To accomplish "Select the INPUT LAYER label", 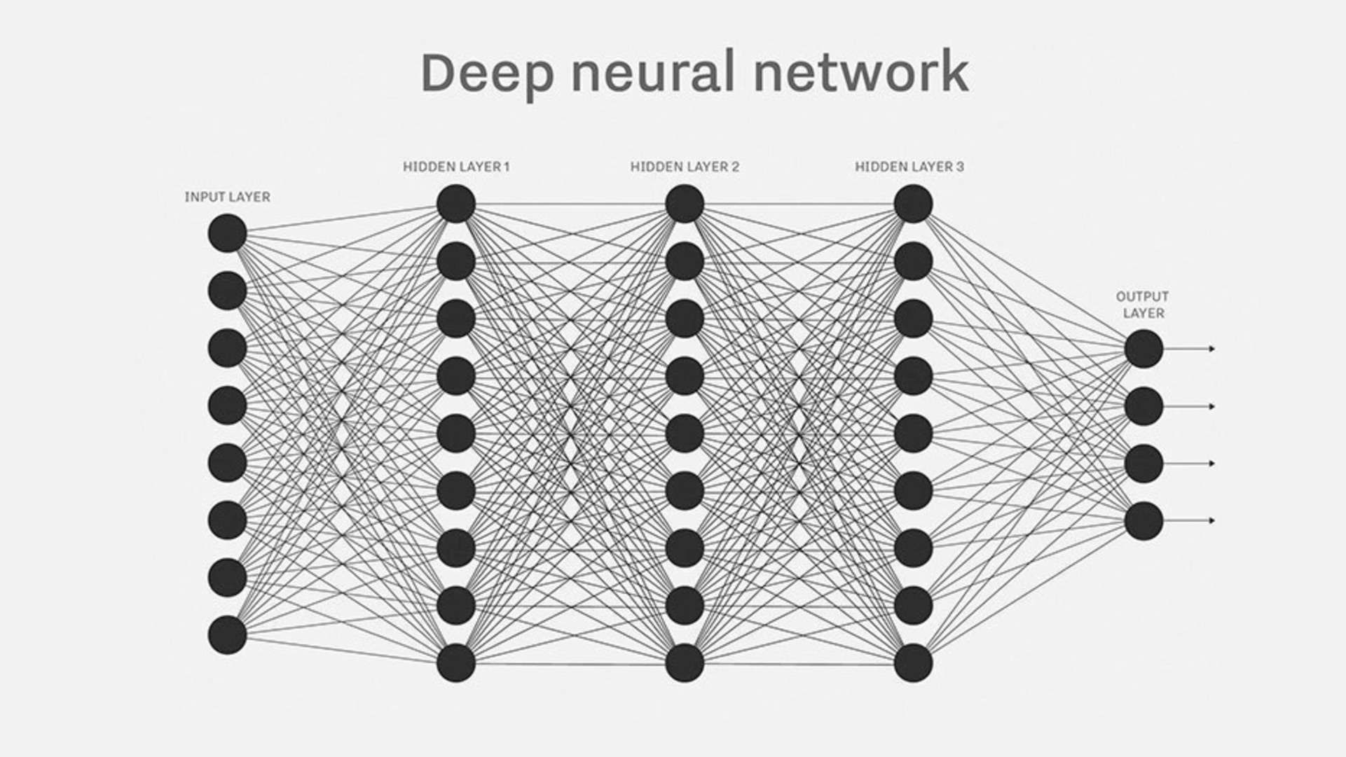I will pos(227,197).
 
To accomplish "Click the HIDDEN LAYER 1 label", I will pos(456,167).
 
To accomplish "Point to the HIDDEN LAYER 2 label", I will pos(685,167).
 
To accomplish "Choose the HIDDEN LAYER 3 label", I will pos(909,167).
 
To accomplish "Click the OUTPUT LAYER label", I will pos(1143,305).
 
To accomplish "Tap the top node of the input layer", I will pos(227,233).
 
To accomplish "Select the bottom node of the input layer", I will pos(227,635).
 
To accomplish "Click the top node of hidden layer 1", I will pos(456,204).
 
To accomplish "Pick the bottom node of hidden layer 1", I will pos(456,663).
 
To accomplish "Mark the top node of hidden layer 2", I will pos(685,204).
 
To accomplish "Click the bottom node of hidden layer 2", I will pos(685,663).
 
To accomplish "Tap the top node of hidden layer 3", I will pos(914,204).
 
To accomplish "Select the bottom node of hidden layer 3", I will pos(914,663).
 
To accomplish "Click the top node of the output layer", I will pos(1144,349).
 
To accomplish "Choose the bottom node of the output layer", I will pos(1144,520).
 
